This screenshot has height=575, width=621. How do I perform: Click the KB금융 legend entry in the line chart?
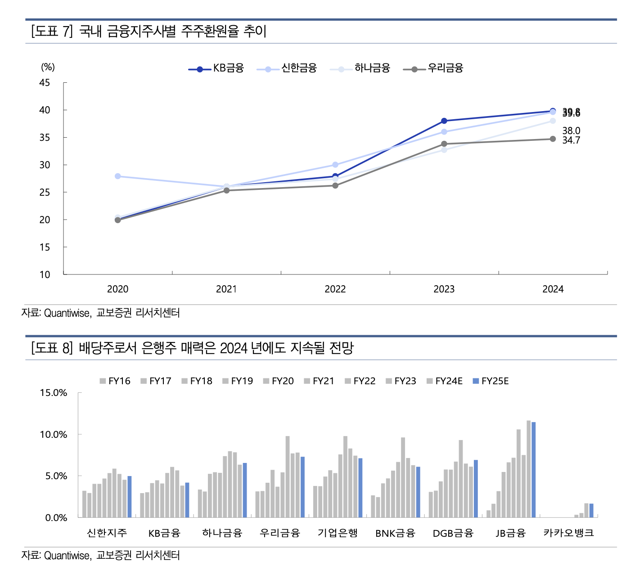click(216, 68)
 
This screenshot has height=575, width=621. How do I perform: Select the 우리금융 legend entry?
click(433, 68)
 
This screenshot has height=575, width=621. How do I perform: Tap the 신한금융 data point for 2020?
click(118, 176)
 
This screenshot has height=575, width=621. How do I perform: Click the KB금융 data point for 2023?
click(444, 121)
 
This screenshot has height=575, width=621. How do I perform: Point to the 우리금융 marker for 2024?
click(553, 139)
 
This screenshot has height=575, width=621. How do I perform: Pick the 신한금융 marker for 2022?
click(335, 165)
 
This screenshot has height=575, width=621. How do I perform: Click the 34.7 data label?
click(571, 140)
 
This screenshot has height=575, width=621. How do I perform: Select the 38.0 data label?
click(571, 130)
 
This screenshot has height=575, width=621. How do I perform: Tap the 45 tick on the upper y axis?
click(45, 83)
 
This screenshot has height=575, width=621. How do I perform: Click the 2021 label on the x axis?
click(226, 289)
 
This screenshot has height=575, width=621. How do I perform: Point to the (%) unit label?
click(48, 67)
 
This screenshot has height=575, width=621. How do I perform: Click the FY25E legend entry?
click(490, 381)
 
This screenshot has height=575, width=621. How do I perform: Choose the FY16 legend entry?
click(115, 381)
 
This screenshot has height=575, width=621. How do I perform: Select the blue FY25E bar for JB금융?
click(534, 469)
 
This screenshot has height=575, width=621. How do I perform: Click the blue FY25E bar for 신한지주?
click(130, 497)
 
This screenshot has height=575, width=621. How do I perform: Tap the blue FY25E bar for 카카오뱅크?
click(591, 511)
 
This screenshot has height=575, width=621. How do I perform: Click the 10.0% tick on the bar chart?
click(53, 435)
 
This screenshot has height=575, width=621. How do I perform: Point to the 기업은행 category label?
click(337, 533)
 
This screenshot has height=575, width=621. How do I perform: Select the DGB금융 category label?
click(453, 533)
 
